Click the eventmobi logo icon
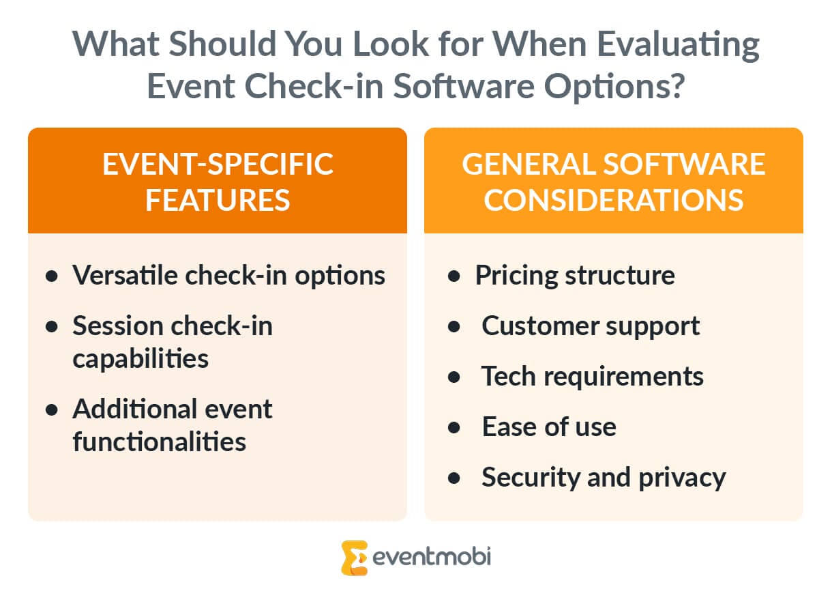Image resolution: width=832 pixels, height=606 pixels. click(x=355, y=558)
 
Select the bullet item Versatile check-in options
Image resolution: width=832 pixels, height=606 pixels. click(x=228, y=275)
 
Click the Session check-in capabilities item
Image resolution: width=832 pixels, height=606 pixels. click(x=173, y=342)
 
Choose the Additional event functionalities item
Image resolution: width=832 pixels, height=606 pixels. click(x=173, y=425)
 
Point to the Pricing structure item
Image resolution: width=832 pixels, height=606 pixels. click(x=575, y=275)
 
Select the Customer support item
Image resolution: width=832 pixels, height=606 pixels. click(x=591, y=326)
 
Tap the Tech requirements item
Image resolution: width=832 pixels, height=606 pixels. click(x=593, y=376)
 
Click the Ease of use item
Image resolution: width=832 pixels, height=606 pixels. click(x=549, y=427)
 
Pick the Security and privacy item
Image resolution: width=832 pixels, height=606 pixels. click(x=604, y=477)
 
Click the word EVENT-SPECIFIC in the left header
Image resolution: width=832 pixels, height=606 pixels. click(x=218, y=164)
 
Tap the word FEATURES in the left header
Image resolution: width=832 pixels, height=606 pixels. click(x=218, y=201)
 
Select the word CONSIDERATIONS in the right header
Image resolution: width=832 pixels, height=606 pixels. click(x=613, y=201)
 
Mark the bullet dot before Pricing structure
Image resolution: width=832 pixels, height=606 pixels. click(x=454, y=276)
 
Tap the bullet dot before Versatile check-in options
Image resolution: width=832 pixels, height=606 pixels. click(x=52, y=276)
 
